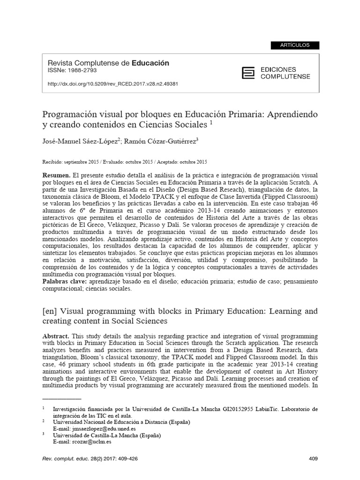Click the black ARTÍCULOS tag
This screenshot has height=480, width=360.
(295, 45)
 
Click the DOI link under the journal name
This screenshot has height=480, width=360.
(113, 84)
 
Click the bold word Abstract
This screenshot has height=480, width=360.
(56, 337)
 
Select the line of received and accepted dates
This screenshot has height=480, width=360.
(125, 162)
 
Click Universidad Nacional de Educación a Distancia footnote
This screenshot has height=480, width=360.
(121, 422)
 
